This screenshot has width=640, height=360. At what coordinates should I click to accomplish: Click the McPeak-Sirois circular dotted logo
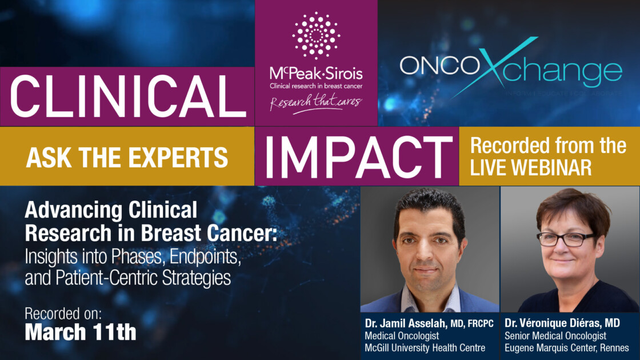pos(316,35)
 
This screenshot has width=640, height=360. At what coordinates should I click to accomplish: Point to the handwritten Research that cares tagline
pos(316,103)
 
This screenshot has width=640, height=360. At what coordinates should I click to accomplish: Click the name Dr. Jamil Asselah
pos(402,324)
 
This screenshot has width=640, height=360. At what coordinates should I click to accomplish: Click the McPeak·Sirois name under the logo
pos(316,74)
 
